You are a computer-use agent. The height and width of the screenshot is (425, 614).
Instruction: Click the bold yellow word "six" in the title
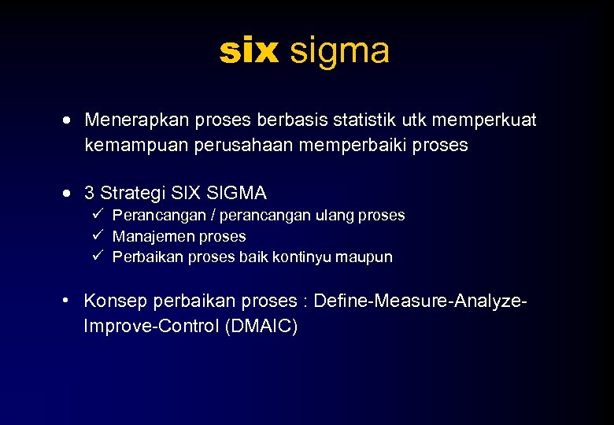[249, 52]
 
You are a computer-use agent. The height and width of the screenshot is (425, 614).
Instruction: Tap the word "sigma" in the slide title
[339, 52]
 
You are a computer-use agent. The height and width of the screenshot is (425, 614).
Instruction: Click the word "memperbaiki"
[346, 146]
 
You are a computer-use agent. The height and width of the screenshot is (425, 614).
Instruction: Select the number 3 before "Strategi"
[90, 193]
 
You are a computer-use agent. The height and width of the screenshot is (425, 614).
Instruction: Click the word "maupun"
[366, 257]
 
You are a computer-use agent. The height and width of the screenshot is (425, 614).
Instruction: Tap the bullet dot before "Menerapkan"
[71, 121]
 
